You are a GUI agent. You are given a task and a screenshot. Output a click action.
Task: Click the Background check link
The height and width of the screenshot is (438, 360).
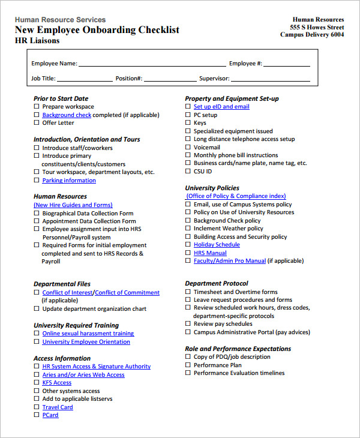pos(67,115)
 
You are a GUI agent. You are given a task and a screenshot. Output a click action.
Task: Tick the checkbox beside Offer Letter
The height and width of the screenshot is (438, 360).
pos(37,123)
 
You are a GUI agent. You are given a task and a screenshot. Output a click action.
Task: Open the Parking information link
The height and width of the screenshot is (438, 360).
pos(68,180)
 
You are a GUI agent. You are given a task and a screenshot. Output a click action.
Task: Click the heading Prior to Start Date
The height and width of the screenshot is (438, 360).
pos(61,98)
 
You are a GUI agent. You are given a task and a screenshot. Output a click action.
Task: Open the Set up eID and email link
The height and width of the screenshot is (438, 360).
pos(221,106)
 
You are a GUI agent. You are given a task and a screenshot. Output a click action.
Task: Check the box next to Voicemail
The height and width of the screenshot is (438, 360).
pos(188,147)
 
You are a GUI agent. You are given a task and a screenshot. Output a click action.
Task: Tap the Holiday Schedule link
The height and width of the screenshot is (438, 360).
pos(217,245)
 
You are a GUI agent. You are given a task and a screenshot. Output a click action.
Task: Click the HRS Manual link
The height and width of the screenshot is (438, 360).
pos(210,253)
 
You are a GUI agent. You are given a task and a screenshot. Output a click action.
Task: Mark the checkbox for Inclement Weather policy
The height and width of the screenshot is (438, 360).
pos(188,229)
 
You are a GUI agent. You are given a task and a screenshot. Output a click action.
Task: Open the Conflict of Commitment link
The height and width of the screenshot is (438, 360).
pos(127,293)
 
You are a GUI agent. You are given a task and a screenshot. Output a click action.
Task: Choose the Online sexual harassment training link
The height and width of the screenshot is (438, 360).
pos(88,334)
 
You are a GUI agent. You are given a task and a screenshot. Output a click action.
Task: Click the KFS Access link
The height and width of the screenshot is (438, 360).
pos(56,383)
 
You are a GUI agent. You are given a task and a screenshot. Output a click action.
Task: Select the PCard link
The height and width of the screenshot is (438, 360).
pos(50,415)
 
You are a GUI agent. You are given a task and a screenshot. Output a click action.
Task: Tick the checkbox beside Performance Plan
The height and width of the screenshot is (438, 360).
pos(188,365)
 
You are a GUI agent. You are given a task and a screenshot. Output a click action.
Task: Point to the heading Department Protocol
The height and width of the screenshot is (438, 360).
pos(216,283)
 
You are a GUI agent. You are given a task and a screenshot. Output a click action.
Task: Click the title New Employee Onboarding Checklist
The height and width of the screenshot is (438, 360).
pos(97,30)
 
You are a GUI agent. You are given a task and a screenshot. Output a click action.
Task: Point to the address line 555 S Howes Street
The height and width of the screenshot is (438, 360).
pos(317,27)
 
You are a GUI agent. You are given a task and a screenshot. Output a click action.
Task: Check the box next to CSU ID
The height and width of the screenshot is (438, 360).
pos(188,172)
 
